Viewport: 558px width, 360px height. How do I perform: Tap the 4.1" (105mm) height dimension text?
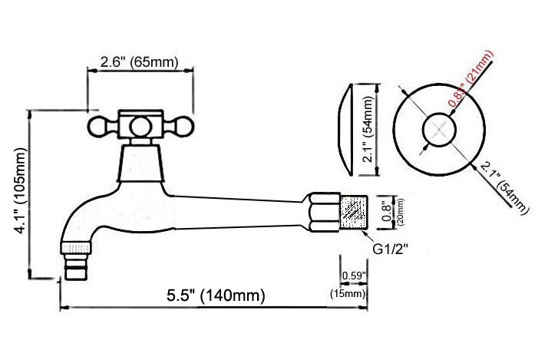click(21, 190)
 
